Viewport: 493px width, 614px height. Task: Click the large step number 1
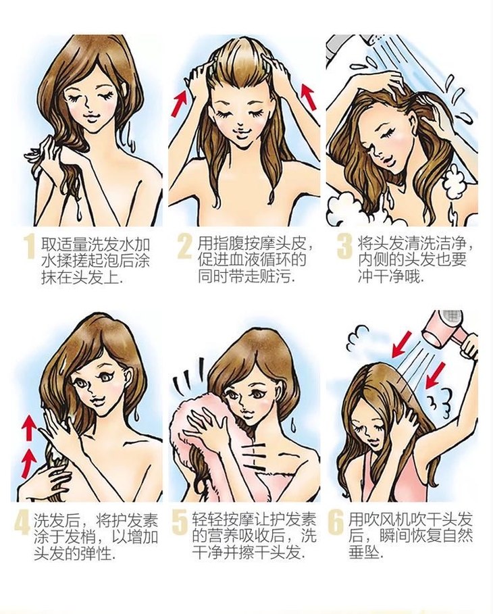pyautogui.click(x=29, y=247)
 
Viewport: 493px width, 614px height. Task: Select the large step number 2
pyautogui.click(x=185, y=247)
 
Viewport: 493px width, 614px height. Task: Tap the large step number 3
pyautogui.click(x=344, y=247)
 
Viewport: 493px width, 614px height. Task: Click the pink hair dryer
pyautogui.click(x=444, y=330)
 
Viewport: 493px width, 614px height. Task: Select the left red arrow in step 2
pyautogui.click(x=180, y=102)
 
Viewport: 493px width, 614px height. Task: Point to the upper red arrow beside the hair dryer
pyautogui.click(x=402, y=344)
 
